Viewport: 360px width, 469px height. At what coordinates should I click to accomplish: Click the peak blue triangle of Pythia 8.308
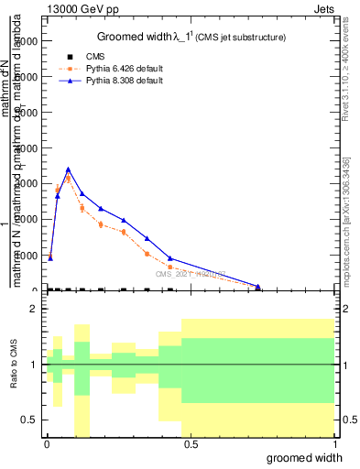coord(69,169)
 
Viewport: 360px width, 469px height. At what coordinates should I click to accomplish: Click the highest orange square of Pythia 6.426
coord(68,179)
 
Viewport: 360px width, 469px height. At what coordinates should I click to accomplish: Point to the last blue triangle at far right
coord(258,287)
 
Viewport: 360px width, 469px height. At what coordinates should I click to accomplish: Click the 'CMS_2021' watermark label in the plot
coord(190,274)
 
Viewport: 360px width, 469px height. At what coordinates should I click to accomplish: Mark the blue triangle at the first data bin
coord(50,258)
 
